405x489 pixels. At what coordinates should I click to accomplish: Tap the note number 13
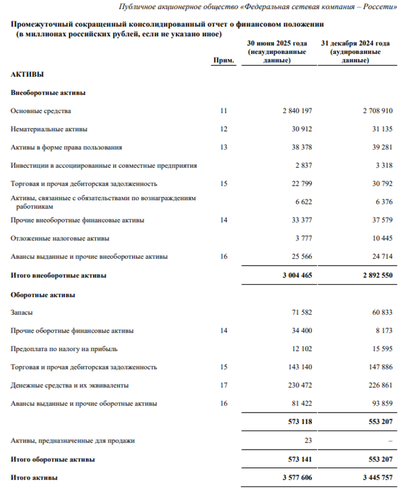223,148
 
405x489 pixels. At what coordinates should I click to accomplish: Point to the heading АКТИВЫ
27,74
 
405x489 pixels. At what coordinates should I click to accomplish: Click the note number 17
223,385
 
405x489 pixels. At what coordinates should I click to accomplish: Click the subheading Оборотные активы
43,294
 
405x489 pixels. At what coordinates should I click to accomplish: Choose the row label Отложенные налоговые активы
60,238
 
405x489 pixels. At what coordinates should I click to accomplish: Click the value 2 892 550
374,276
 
